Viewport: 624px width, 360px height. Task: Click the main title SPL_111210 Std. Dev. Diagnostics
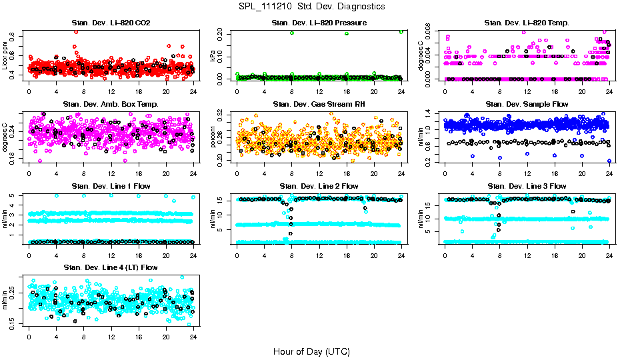point(311,6)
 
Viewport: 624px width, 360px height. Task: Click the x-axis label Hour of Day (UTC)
point(311,351)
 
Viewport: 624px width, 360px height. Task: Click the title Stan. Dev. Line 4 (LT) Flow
point(111,267)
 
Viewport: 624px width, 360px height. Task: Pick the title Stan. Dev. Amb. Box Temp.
point(111,105)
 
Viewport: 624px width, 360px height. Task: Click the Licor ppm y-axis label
point(5,55)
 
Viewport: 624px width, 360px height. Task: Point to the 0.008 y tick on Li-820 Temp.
point(427,31)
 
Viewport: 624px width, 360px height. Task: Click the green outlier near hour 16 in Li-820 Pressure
point(347,33)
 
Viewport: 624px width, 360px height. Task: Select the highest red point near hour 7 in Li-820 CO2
point(76,31)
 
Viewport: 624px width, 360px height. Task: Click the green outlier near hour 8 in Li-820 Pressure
point(292,33)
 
